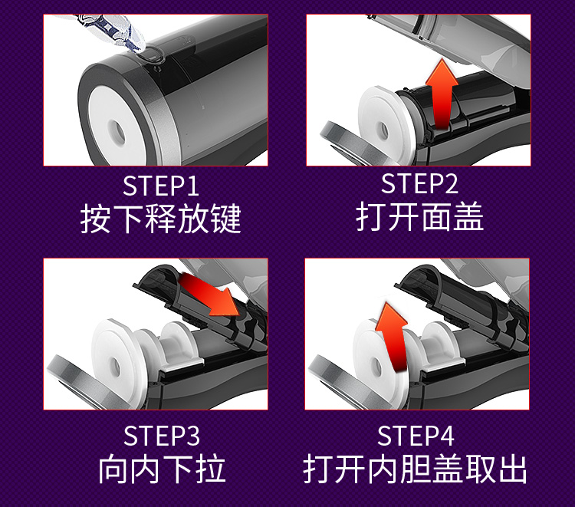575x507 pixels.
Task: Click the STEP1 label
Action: point(161,186)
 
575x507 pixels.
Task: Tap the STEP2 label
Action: point(420,184)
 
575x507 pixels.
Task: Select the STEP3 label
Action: point(162,436)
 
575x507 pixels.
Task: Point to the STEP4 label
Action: point(416,436)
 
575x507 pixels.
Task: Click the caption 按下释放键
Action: point(161,219)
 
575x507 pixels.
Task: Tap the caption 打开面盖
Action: point(420,216)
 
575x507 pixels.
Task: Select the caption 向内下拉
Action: point(162,469)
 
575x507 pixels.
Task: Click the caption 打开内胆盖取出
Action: point(415,469)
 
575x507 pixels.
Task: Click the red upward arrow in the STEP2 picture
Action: point(442,95)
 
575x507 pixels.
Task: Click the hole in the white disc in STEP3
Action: point(116,366)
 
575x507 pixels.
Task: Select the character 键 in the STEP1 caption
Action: point(226,219)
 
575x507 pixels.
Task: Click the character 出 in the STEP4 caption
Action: point(513,469)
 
